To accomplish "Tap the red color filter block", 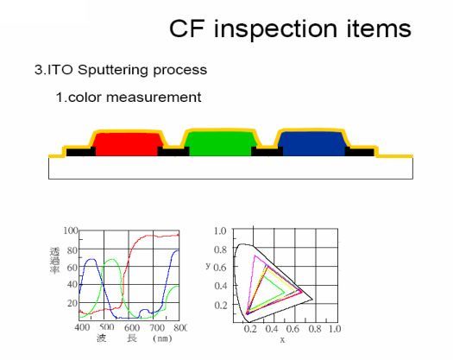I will tap(126, 143).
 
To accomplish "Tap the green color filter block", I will tap(219, 143).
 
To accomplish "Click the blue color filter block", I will tap(311, 143).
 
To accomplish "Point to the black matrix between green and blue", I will tap(266, 152).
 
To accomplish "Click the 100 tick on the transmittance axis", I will tap(72, 231).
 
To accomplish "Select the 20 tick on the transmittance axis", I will tap(73, 303).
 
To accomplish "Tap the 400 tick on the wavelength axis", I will tap(83, 328).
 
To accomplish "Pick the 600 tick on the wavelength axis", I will tap(132, 328).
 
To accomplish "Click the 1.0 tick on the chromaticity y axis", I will tap(220, 231).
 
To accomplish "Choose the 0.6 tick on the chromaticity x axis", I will tap(293, 329).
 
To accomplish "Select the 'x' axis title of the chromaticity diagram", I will tap(282, 339).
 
